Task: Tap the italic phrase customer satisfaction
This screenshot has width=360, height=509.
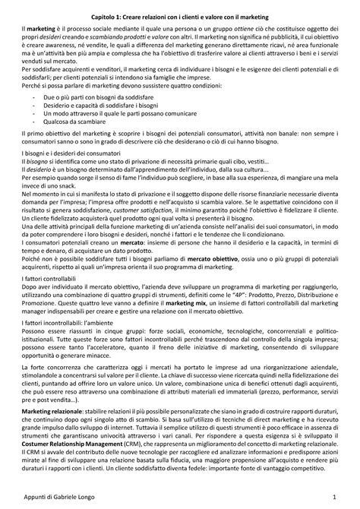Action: [x=169, y=228]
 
